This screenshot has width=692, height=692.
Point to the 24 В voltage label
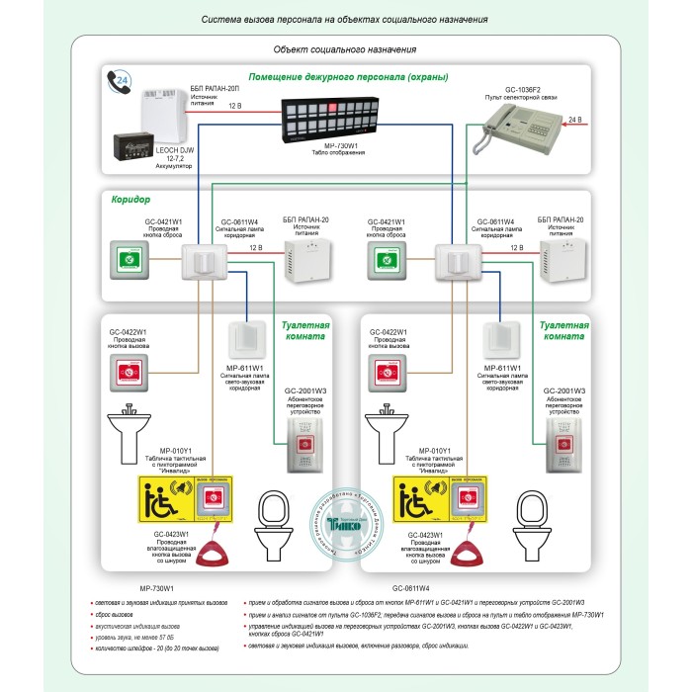[x=574, y=120]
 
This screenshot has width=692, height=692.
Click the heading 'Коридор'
[x=129, y=200]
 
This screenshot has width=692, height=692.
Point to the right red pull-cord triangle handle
[x=463, y=545]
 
